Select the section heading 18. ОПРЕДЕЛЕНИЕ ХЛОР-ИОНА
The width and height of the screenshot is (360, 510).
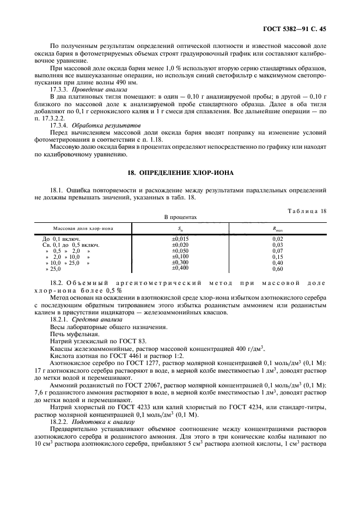180,173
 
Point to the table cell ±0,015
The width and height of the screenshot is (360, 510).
180,239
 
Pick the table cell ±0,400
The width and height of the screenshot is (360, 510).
180,268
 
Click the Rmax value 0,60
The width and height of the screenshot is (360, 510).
277,269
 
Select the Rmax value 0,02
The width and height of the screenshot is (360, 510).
277,239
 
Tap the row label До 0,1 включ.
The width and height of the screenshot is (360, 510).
62,239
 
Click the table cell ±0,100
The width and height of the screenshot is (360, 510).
180,256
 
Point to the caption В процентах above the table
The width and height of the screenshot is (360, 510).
180,217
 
